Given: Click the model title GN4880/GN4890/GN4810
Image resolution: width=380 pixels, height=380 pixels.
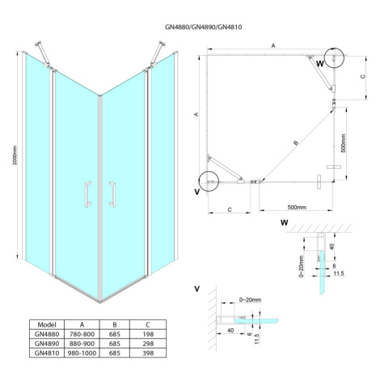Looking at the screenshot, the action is [203, 27].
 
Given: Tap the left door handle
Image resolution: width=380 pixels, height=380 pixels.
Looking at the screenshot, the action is [87, 194].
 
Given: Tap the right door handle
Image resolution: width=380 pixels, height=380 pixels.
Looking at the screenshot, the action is [113, 194].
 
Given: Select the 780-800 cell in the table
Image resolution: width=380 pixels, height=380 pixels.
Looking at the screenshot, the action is [82, 334].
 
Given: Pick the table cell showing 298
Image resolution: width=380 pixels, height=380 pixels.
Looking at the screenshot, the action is [148, 344].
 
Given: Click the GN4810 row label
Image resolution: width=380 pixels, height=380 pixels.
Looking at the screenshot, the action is [47, 353].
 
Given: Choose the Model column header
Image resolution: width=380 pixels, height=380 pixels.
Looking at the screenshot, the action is [47, 324].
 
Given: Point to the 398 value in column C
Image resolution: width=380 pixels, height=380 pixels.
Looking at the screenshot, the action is [148, 353].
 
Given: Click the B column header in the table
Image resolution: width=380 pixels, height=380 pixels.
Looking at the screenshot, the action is [115, 325].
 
